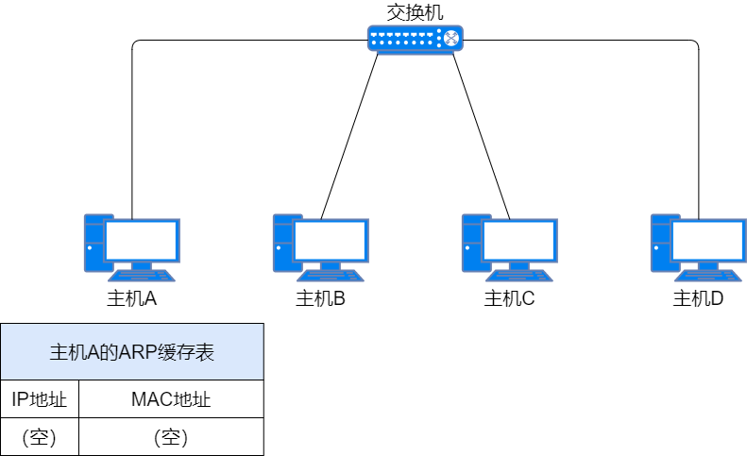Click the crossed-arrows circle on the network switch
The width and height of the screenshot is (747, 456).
click(451, 39)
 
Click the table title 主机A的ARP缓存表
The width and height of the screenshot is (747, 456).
click(131, 353)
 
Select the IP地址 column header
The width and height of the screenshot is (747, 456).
click(39, 399)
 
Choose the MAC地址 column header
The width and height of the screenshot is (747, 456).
click(170, 399)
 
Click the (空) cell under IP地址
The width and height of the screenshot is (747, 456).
click(39, 437)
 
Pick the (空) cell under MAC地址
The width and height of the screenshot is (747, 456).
click(170, 437)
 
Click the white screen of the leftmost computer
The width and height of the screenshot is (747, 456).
click(142, 241)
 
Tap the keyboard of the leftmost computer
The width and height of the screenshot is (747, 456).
click(142, 276)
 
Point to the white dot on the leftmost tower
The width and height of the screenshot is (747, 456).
click(90, 248)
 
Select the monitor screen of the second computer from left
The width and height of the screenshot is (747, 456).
click(331, 241)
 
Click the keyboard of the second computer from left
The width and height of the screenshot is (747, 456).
click(331, 276)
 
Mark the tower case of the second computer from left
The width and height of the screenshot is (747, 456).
click(281, 243)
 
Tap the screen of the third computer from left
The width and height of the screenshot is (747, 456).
click(519, 241)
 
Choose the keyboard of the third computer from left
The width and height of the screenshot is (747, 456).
click(519, 276)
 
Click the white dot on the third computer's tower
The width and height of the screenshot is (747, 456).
click(467, 248)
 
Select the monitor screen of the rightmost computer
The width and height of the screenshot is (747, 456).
click(708, 241)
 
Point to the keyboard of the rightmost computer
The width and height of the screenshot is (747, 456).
click(708, 276)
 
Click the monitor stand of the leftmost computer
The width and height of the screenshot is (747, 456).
click(142, 265)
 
